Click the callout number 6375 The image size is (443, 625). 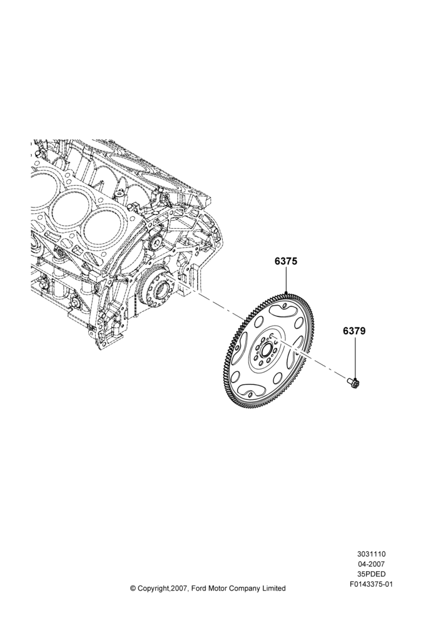[x=286, y=261]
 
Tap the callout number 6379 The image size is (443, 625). [x=354, y=331]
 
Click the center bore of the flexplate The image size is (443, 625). [x=266, y=351]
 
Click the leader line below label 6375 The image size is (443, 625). [x=286, y=280]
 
